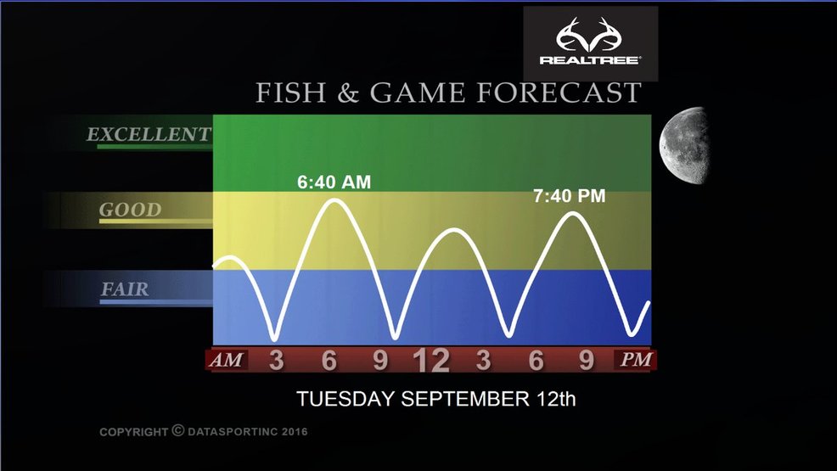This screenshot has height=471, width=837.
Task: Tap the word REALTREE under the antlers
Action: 589,60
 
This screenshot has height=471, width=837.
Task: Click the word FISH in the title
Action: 291,93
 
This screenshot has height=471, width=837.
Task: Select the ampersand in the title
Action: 348,93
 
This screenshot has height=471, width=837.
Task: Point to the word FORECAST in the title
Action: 559,93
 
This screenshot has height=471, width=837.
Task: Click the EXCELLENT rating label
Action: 149,134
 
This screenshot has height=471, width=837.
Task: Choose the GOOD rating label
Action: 130,210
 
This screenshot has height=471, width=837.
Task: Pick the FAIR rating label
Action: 125,289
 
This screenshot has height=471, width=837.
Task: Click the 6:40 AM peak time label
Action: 334,182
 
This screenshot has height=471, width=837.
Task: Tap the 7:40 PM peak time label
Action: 570,196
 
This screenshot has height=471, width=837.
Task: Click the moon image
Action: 684,145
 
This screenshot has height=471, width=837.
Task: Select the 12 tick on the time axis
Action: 431,361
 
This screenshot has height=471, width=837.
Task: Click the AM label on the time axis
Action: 227,360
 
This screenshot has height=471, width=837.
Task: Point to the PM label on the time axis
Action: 636,360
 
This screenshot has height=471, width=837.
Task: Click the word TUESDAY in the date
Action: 345,399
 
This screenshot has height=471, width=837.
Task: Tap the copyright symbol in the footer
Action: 178,430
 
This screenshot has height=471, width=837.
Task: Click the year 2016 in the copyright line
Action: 295,431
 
